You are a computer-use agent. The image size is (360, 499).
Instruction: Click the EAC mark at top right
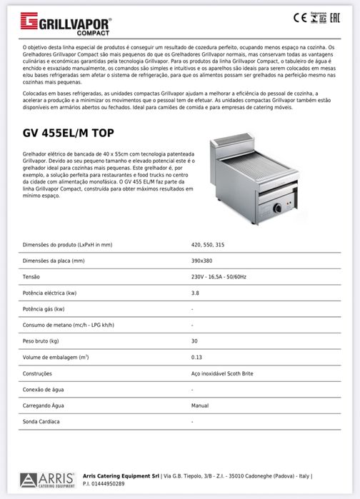coord(345,19)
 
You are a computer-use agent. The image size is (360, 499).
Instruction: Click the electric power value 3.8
coord(195,293)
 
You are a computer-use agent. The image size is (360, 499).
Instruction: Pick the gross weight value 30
coord(194,341)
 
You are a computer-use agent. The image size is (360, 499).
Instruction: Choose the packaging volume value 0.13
coord(196,357)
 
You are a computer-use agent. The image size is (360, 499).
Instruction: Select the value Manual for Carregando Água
coord(200,405)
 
